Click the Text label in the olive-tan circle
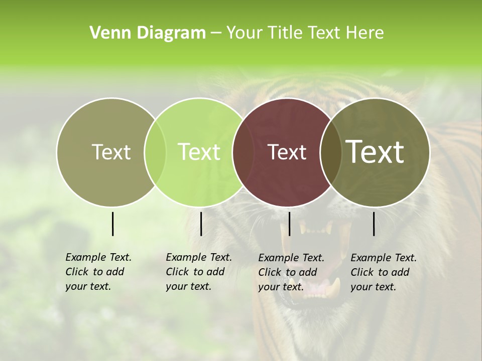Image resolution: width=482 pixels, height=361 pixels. click(x=111, y=152)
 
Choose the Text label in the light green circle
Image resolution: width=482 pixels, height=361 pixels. click(x=199, y=152)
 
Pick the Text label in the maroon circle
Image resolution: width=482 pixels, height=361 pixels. click(x=287, y=152)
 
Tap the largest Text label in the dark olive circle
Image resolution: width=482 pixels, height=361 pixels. click(x=375, y=151)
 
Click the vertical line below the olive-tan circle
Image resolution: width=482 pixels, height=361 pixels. click(x=112, y=224)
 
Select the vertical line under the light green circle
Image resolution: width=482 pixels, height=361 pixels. click(x=201, y=224)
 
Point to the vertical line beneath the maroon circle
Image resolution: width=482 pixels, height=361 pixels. click(x=289, y=224)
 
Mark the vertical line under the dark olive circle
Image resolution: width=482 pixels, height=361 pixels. click(x=374, y=224)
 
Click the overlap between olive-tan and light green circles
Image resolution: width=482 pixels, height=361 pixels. click(x=156, y=152)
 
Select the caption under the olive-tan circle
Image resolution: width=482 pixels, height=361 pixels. click(x=98, y=272)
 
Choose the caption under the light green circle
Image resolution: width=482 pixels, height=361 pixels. click(x=199, y=272)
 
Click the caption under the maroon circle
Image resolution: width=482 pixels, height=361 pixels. click(x=291, y=272)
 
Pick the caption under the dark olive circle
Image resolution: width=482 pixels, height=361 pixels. click(x=384, y=272)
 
